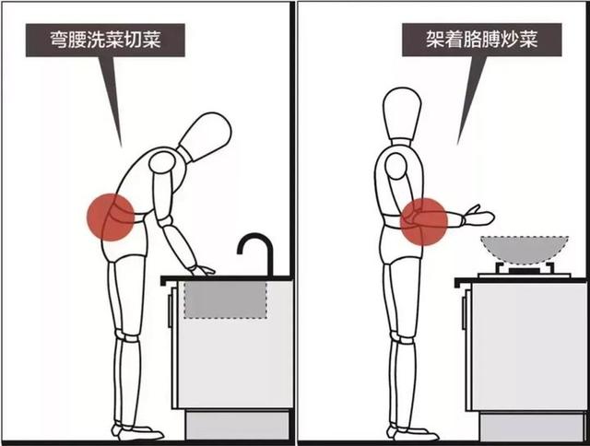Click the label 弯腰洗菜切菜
click(x=104, y=41)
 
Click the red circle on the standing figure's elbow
click(x=426, y=221)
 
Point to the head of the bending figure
click(x=205, y=136)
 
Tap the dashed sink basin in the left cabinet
click(x=225, y=299)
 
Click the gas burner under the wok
click(x=522, y=271)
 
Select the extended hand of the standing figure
click(x=480, y=217)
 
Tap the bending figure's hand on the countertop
click(x=202, y=270)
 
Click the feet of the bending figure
click(x=136, y=431)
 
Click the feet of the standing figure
click(x=406, y=432)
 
